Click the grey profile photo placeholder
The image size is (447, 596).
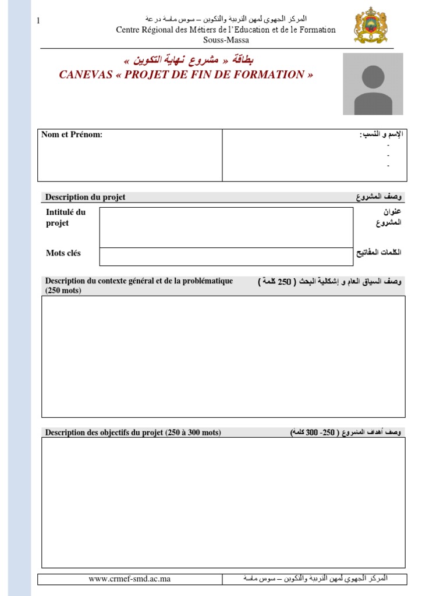pos(372,84)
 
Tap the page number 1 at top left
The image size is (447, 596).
pos(38,21)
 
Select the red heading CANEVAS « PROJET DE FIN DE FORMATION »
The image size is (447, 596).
pos(186,74)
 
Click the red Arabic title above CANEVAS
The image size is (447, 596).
pos(189,61)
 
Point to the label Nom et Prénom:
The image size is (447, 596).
pos(72,135)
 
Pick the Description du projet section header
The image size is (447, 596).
pos(85,197)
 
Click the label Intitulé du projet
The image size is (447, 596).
pos(65,218)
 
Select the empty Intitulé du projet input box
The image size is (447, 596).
pos(226,227)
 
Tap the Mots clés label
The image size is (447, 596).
pos(63,253)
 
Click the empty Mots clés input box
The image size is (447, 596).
pos(226,257)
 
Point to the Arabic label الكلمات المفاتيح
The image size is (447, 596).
pos(379,253)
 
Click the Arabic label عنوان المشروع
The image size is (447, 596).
pos(388,217)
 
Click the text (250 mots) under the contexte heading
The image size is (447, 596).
pos(63,290)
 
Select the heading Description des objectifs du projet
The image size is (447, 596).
pos(133,432)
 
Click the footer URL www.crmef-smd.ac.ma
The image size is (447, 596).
pos(129,579)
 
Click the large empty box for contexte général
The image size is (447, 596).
pos(223,356)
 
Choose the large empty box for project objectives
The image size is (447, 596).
pos(223,502)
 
